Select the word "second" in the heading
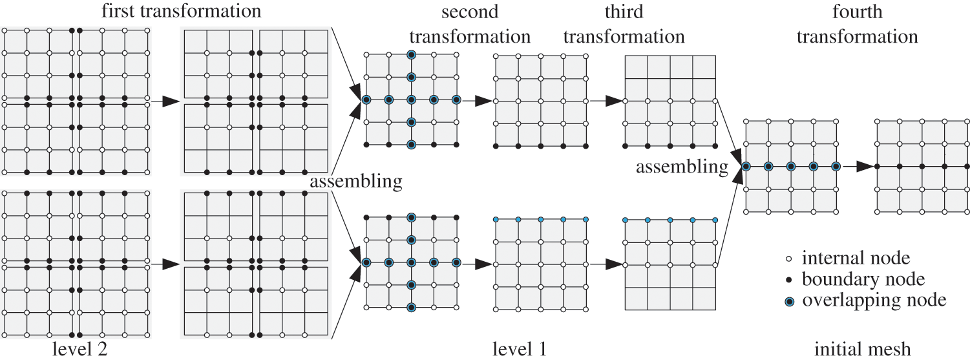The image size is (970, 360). (x=470, y=12)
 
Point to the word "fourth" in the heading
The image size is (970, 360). (x=858, y=12)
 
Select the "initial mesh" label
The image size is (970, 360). (x=862, y=349)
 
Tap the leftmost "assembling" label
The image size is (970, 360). (x=356, y=182)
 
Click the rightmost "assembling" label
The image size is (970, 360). (x=682, y=167)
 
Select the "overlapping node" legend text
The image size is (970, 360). (x=874, y=300)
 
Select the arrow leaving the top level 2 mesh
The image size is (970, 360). (x=167, y=101)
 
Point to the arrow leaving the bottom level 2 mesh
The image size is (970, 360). (x=167, y=264)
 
